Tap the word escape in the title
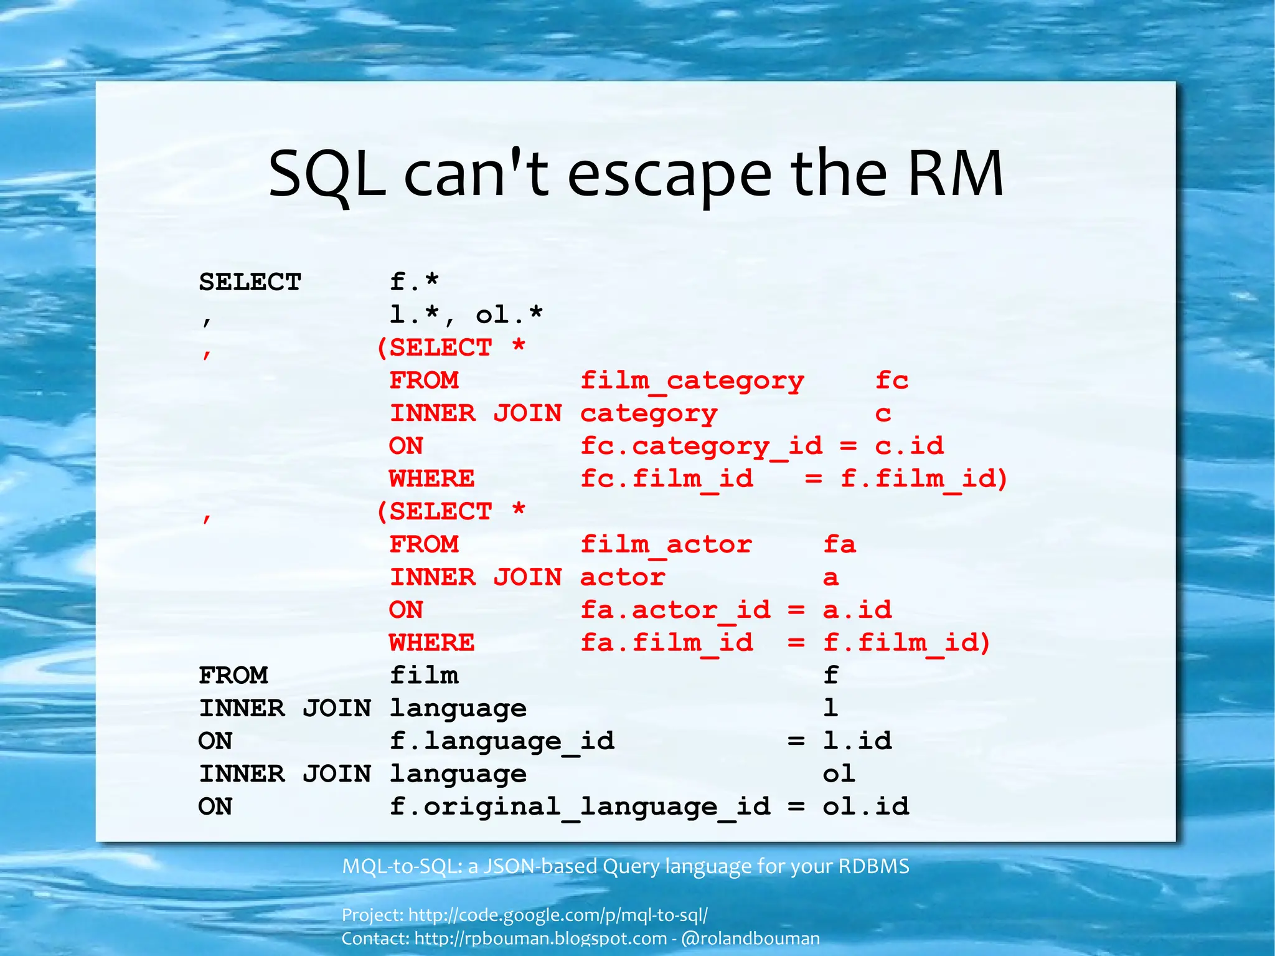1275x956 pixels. coord(669,175)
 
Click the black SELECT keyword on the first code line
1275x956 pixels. coord(250,282)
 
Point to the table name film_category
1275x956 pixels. coord(692,381)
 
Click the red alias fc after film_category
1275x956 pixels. coord(892,381)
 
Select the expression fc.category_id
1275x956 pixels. coord(701,447)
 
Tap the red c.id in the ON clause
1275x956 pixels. coord(909,446)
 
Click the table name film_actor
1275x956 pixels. coord(666,545)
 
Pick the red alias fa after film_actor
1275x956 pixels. coord(839,545)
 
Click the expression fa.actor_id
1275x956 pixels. coord(675,610)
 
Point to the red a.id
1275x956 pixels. coord(857,610)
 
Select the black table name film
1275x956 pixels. coord(424,675)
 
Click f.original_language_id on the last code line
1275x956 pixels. coord(580,807)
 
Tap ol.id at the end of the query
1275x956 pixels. coord(865,807)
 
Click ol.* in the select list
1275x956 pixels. coord(509,315)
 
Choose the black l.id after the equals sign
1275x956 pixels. coord(857,741)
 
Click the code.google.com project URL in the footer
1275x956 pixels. coord(558,915)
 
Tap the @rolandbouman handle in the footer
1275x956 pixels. coord(750,939)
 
